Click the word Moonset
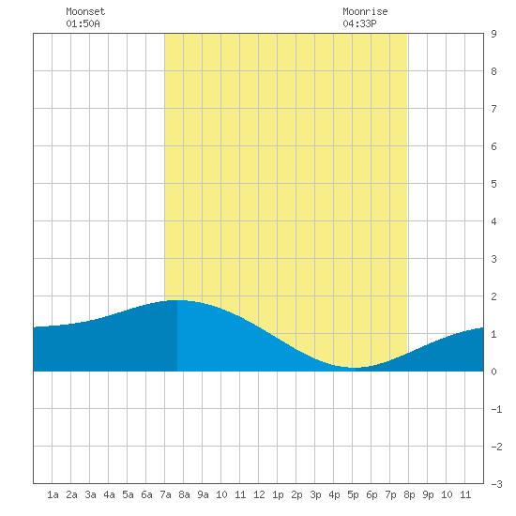coord(85,11)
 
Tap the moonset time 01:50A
coord(83,23)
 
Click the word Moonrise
coord(365,11)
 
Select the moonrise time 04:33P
coord(359,23)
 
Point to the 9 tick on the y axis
coord(493,34)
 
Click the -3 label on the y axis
coord(496,484)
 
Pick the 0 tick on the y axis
coord(493,372)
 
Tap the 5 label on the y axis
coord(493,184)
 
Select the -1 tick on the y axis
coord(496,409)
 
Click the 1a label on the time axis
coord(53,494)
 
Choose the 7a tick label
coord(165,494)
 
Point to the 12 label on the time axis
coord(259,494)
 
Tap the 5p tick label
coord(353,494)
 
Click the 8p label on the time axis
coord(409,494)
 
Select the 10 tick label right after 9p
coord(447,494)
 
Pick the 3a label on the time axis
coord(90,494)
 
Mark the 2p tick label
coord(296,494)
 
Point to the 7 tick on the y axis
coord(493,109)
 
